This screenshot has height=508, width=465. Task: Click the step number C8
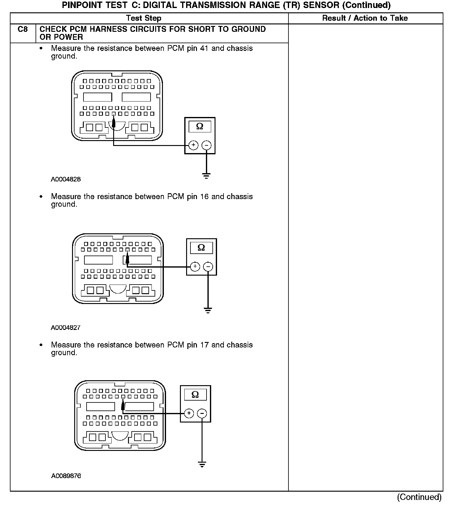coord(23,29)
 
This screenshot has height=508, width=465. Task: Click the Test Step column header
coord(144,18)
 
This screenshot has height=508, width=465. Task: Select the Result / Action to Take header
coord(365,18)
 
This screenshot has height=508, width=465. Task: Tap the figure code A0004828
coord(66,179)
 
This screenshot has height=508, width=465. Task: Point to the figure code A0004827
coord(66,327)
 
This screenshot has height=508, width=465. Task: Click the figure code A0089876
coord(66,476)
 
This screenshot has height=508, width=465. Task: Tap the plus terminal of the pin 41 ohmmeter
coord(193,145)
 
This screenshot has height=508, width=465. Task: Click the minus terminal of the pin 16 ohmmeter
coord(208,267)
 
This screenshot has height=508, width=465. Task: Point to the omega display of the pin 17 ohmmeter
coord(195,394)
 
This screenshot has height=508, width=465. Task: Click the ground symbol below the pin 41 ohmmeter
coord(206,176)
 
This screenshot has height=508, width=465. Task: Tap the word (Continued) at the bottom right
coord(419,497)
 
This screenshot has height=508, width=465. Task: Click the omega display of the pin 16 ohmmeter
coord(201,248)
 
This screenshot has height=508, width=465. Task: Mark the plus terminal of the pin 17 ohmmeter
coord(189,414)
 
